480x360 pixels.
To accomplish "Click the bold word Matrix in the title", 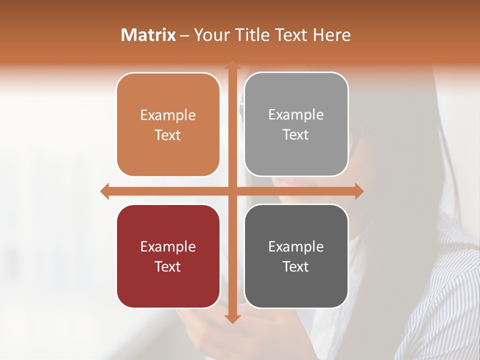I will [148, 35].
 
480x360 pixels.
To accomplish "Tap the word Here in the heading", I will [332, 35].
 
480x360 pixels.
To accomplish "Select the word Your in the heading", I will [211, 35].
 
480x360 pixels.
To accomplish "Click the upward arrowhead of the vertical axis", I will [232, 65].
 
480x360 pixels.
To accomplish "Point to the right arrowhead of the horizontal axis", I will [359, 191].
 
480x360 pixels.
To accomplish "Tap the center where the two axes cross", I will [232, 191].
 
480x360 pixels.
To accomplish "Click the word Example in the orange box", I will [168, 115].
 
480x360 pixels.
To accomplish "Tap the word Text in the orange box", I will [168, 135].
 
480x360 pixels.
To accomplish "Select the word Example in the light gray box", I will [296, 115].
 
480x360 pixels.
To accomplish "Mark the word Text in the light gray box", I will [296, 135].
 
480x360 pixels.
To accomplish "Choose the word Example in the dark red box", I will [168, 247].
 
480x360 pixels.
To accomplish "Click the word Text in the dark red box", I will [168, 267].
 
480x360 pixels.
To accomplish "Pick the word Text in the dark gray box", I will [296, 267].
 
